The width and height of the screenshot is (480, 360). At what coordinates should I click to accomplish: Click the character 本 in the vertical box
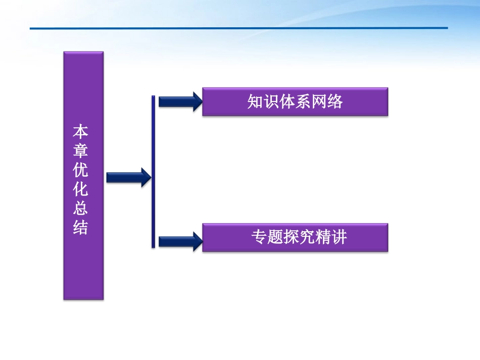coord(81,132)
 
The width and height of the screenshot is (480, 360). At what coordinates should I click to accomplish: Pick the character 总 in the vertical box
coord(81,209)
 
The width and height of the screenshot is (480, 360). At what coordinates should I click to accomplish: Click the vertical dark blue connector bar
coord(153,172)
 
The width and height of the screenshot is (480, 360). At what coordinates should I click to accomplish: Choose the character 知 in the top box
coord(255,102)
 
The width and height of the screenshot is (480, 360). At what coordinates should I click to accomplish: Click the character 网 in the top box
coord(319,102)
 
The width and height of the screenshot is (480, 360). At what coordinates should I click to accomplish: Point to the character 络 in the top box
coord(335,102)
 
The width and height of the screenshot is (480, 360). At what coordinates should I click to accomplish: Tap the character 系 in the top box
coord(303,102)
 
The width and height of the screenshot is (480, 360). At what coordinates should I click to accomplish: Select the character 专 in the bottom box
coord(259,237)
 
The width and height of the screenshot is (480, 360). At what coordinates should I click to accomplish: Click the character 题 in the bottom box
coord(275,237)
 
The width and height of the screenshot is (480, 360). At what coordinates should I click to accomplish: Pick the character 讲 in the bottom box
coord(340,237)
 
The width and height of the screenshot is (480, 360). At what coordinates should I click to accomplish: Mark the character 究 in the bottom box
coord(307,237)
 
